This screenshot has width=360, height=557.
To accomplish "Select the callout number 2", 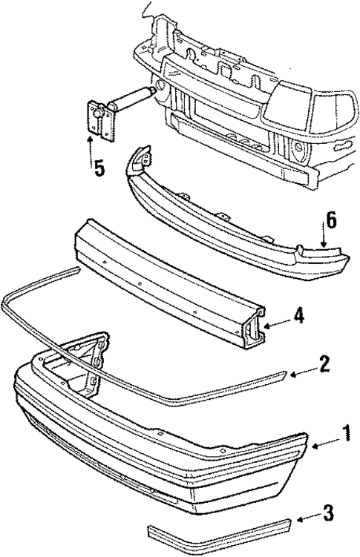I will (323, 365).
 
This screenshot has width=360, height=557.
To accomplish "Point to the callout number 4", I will (297, 315).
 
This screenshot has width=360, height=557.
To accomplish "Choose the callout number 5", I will (98, 168).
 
